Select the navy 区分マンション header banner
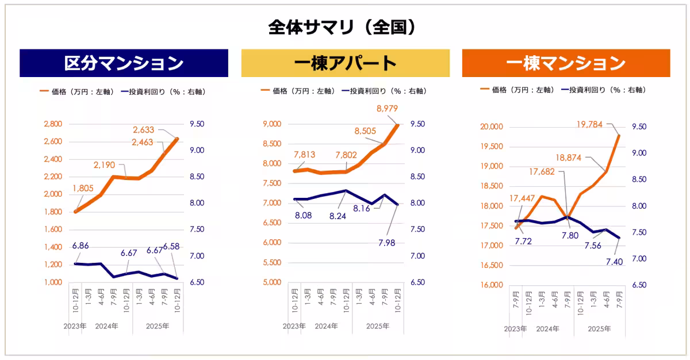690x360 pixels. [124, 63]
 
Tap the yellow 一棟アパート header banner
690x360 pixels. [345, 63]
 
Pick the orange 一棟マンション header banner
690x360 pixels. [566, 63]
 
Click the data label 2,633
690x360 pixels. [143, 130]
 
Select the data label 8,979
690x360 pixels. [388, 109]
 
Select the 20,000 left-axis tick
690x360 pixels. [491, 127]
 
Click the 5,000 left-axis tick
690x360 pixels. [271, 282]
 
